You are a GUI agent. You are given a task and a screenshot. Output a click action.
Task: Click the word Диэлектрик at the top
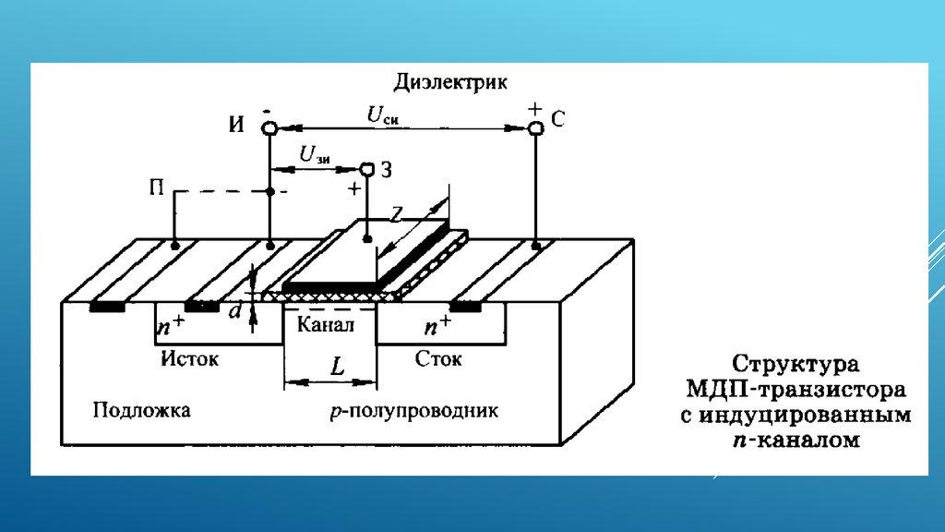[450, 82]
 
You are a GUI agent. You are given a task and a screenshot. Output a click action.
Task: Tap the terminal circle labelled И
[269, 127]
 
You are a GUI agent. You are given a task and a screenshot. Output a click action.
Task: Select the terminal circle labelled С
[535, 127]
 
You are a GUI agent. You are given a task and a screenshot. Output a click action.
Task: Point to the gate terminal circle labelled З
[367, 170]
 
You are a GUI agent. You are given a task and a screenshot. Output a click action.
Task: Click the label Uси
[383, 115]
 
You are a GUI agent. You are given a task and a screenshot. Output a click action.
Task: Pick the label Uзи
[315, 155]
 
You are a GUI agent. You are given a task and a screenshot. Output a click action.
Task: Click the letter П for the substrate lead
[157, 188]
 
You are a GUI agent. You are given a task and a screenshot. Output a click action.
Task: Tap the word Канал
[326, 324]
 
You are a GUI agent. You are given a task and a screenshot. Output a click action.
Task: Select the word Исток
[189, 359]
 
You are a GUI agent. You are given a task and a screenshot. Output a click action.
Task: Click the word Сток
[438, 359]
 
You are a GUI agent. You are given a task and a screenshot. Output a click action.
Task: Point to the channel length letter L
[338, 366]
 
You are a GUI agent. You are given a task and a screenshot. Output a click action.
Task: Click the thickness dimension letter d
[235, 310]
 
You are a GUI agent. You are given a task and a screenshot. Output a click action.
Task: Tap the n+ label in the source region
[171, 325]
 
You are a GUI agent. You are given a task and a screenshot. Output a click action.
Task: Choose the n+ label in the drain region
[437, 325]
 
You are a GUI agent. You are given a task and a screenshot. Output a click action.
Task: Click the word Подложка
[141, 410]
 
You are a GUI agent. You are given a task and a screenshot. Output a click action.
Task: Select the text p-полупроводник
[414, 411]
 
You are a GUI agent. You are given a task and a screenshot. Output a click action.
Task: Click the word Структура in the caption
[795, 364]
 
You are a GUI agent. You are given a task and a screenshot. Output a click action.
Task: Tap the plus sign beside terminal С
[534, 109]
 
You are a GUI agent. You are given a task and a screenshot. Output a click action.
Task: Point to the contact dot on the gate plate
[367, 239]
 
